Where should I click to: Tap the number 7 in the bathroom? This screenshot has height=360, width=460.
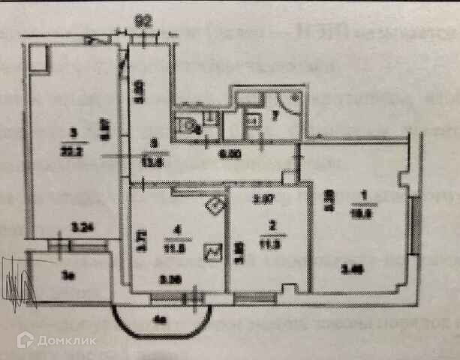275,115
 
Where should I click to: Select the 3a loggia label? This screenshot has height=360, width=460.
68,275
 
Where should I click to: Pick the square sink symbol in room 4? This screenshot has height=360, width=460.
213,252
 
